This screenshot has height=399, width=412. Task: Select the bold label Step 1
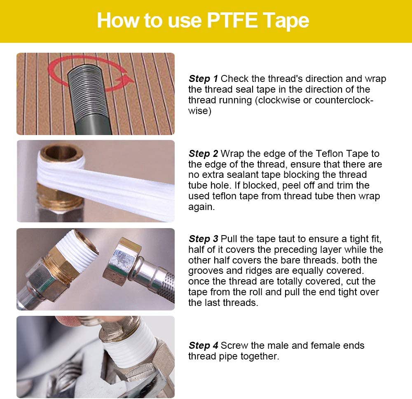[x=204, y=79]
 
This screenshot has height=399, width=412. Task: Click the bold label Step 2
[x=204, y=154]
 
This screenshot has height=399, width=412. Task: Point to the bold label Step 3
[x=204, y=239]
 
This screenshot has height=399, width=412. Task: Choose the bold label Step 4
[x=204, y=345]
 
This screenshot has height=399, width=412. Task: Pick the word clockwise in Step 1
[x=279, y=100]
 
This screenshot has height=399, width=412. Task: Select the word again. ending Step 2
[x=201, y=207]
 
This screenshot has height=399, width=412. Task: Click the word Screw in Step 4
[x=234, y=345]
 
